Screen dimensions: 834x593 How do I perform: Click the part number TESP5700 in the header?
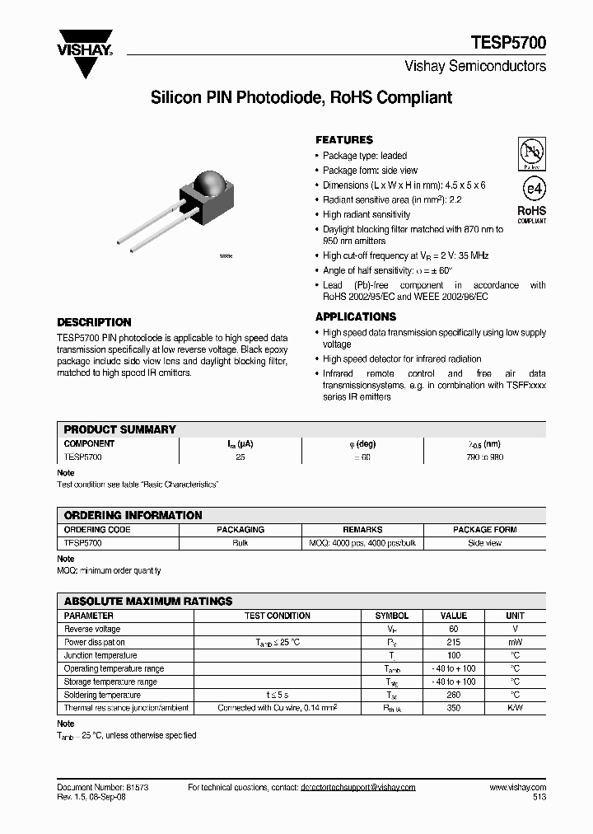pyautogui.click(x=508, y=43)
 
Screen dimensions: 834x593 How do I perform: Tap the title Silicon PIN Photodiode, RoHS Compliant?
pyautogui.click(x=301, y=97)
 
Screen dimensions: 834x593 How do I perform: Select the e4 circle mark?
pyautogui.click(x=533, y=189)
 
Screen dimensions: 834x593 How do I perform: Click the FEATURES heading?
pyautogui.click(x=344, y=140)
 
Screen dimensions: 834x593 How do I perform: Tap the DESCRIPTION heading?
pyautogui.click(x=94, y=322)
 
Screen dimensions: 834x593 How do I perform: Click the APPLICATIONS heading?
pyautogui.click(x=356, y=316)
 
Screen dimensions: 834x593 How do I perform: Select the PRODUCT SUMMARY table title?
pyautogui.click(x=120, y=429)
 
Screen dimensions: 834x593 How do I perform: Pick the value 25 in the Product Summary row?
pyautogui.click(x=240, y=456)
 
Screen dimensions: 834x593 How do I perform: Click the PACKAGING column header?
pyautogui.click(x=240, y=530)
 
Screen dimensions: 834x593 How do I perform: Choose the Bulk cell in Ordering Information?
pyautogui.click(x=240, y=543)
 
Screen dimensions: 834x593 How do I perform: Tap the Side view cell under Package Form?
pyautogui.click(x=484, y=543)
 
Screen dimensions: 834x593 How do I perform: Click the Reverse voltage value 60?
pyautogui.click(x=454, y=629)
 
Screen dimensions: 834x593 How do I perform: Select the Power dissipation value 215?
pyautogui.click(x=454, y=642)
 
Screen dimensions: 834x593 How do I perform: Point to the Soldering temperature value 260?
pyautogui.click(x=454, y=695)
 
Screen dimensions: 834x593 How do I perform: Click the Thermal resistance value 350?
pyautogui.click(x=454, y=708)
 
